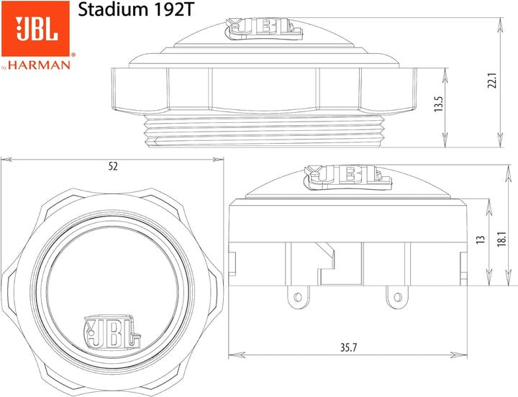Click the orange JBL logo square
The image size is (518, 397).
coord(36,29)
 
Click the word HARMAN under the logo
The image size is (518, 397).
coord(40,65)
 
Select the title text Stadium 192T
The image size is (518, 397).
coord(135,10)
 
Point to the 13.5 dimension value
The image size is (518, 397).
coord(439,104)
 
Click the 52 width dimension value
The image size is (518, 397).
coord(113,166)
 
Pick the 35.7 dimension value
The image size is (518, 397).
coord(349,347)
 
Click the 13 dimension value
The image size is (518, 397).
coord(481,239)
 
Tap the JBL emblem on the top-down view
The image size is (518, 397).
coord(112,332)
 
